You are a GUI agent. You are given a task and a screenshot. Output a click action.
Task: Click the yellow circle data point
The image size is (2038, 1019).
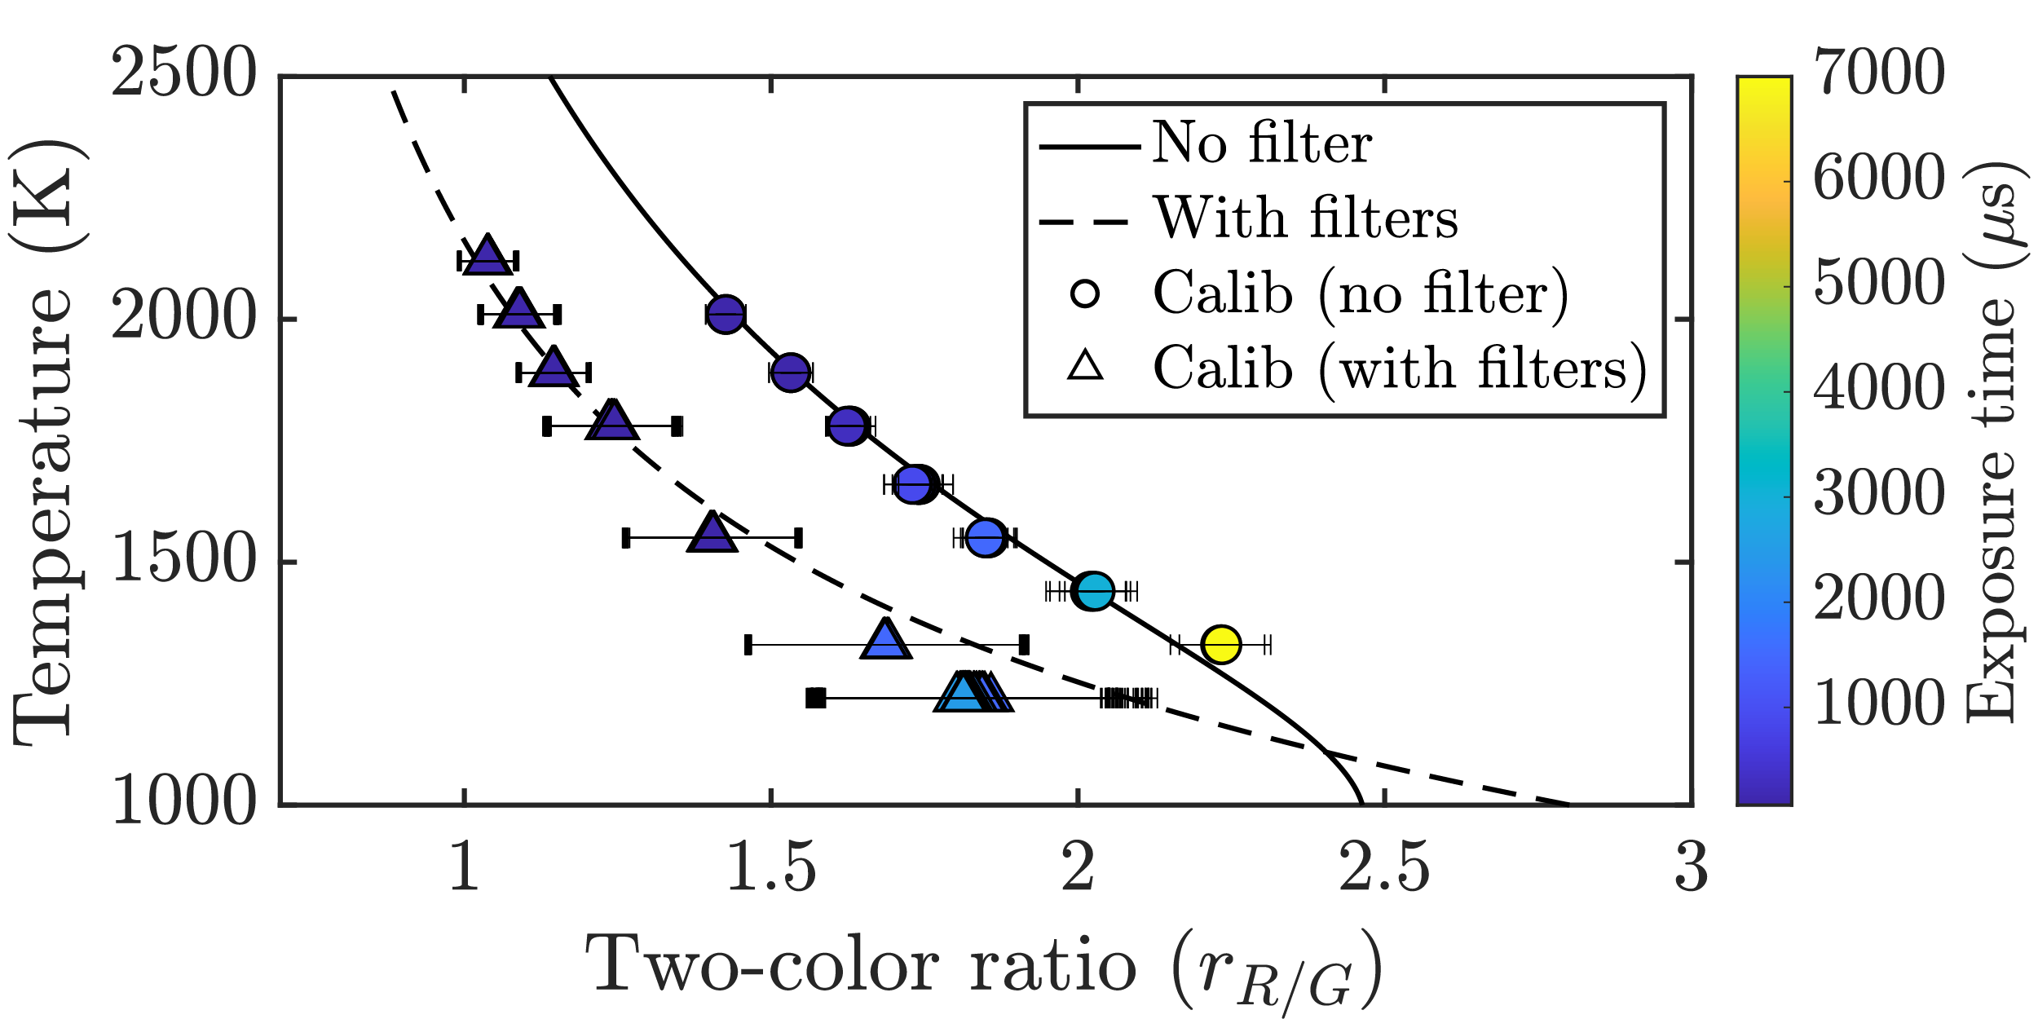coord(1221,645)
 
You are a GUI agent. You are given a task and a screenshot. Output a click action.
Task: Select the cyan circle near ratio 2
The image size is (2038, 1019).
coord(1094,590)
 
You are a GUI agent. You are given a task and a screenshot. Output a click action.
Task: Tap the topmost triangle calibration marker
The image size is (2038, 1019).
coord(487,256)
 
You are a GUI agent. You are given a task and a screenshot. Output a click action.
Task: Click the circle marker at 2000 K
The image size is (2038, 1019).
coord(726,314)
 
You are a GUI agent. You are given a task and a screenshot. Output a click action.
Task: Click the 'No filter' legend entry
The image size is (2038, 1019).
coord(1261,143)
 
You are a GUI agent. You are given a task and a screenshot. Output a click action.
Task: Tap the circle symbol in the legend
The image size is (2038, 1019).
coord(1085,293)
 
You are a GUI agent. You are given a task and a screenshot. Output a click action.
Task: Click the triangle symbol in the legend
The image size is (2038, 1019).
coord(1085,366)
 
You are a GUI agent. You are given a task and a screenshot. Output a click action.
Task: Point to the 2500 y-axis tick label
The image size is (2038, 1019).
coord(184,73)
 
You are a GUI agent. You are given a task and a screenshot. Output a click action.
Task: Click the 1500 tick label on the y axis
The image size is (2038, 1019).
coord(184,561)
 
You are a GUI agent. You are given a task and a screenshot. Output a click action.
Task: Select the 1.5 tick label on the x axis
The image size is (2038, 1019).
coord(770,868)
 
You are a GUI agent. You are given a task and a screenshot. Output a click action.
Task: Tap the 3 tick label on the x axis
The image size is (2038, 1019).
coord(1692,868)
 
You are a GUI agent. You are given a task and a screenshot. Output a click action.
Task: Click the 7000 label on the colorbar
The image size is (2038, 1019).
coord(1879,73)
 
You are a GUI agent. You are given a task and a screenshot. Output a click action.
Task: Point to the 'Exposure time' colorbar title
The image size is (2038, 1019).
coord(1991,440)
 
